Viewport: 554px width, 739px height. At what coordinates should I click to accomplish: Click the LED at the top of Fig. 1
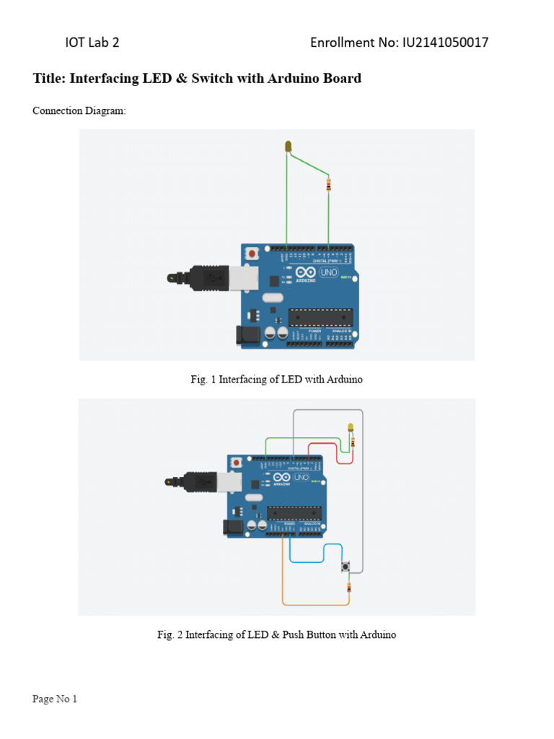click(x=289, y=147)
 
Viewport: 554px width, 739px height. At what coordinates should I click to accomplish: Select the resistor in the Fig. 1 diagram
click(x=329, y=185)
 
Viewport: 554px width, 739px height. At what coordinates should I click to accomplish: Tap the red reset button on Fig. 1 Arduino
click(x=252, y=254)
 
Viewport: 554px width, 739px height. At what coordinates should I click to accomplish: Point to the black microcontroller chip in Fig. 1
click(x=321, y=318)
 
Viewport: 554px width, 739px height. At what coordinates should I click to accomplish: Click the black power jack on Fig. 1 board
click(x=247, y=335)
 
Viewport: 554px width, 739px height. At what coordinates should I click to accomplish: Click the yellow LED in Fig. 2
click(x=351, y=428)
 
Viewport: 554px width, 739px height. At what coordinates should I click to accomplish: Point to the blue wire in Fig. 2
click(x=310, y=561)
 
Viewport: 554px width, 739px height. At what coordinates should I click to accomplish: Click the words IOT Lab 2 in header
click(x=92, y=43)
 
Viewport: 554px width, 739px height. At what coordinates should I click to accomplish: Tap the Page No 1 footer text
click(x=55, y=699)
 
